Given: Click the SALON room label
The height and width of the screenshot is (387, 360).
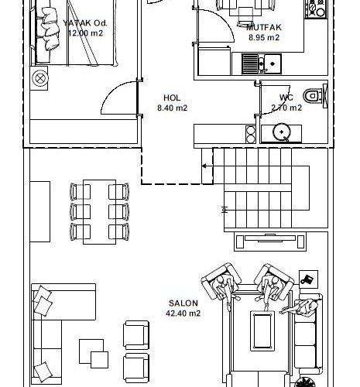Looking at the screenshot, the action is (x=183, y=303).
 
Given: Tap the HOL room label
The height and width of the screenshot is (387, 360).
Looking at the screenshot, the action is (x=172, y=98).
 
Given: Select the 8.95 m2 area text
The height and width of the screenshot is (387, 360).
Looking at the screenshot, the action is (x=264, y=37).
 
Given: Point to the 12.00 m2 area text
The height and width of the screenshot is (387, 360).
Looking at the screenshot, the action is (x=86, y=33).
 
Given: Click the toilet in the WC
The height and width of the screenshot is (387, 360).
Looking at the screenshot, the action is (x=313, y=96).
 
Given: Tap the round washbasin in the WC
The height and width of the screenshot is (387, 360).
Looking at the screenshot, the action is (x=282, y=132).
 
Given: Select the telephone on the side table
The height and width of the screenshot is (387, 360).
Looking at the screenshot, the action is (x=308, y=279).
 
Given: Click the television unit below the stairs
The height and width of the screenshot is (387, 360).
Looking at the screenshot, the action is (x=270, y=241).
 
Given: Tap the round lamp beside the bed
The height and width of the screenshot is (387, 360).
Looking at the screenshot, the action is (x=40, y=78).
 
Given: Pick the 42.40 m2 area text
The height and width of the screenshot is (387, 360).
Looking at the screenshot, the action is (x=183, y=313).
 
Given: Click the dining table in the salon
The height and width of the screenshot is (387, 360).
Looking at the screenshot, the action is (x=99, y=212).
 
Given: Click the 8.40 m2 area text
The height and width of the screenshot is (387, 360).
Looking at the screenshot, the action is (x=172, y=108).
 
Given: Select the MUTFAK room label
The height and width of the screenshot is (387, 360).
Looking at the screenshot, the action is (x=264, y=27).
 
